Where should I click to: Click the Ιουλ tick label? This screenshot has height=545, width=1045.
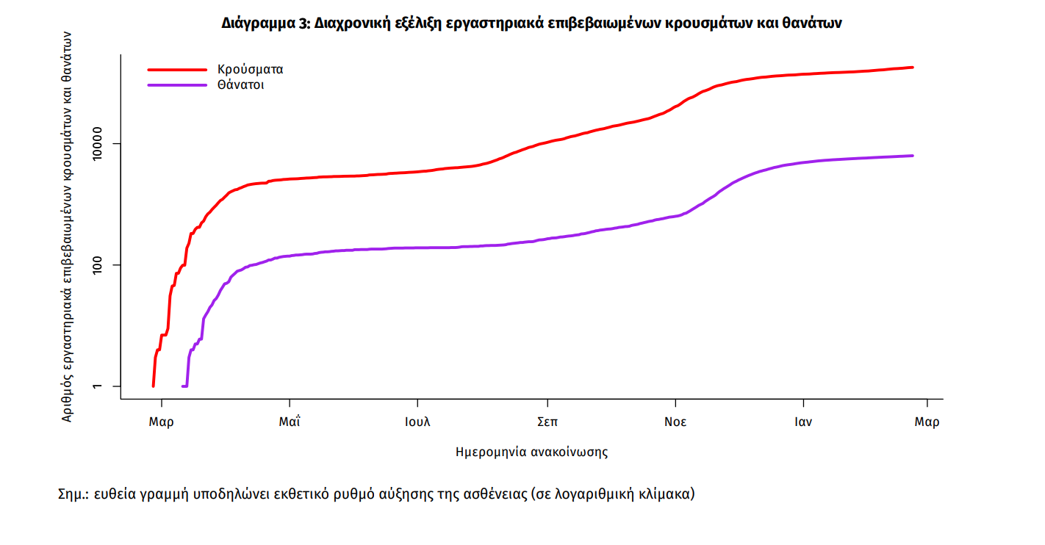click(417, 422)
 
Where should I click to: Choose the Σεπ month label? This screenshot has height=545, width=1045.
click(546, 422)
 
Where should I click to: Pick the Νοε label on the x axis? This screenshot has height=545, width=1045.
click(675, 422)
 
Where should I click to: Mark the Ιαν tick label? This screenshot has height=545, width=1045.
click(803, 422)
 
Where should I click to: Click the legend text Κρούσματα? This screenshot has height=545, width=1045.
click(250, 70)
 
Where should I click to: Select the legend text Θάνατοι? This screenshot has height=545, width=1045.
click(240, 85)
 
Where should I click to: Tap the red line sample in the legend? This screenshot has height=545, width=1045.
click(177, 70)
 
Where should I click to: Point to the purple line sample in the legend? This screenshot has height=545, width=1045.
click(177, 85)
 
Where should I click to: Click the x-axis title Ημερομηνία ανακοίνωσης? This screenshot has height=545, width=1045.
click(532, 452)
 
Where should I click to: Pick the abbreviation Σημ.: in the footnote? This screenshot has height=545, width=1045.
click(73, 494)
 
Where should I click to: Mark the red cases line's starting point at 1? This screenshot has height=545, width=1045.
click(153, 386)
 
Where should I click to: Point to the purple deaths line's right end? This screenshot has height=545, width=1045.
click(912, 156)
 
